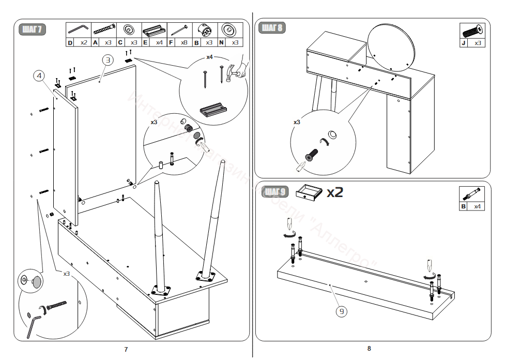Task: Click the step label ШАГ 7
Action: pyautogui.click(x=32, y=29)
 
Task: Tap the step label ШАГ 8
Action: pyautogui.click(x=272, y=27)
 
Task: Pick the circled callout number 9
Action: pyautogui.click(x=342, y=311)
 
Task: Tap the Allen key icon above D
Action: pyautogui.click(x=78, y=28)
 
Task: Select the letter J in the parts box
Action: pyautogui.click(x=464, y=43)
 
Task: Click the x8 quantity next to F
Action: pyautogui.click(x=185, y=42)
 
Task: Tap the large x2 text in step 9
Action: pyautogui.click(x=334, y=192)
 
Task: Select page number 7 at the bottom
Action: pyautogui.click(x=126, y=350)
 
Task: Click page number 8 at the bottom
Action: pyautogui.click(x=369, y=349)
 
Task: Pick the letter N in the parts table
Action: pyautogui.click(x=222, y=42)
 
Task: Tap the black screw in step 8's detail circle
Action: pyautogui.click(x=311, y=155)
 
